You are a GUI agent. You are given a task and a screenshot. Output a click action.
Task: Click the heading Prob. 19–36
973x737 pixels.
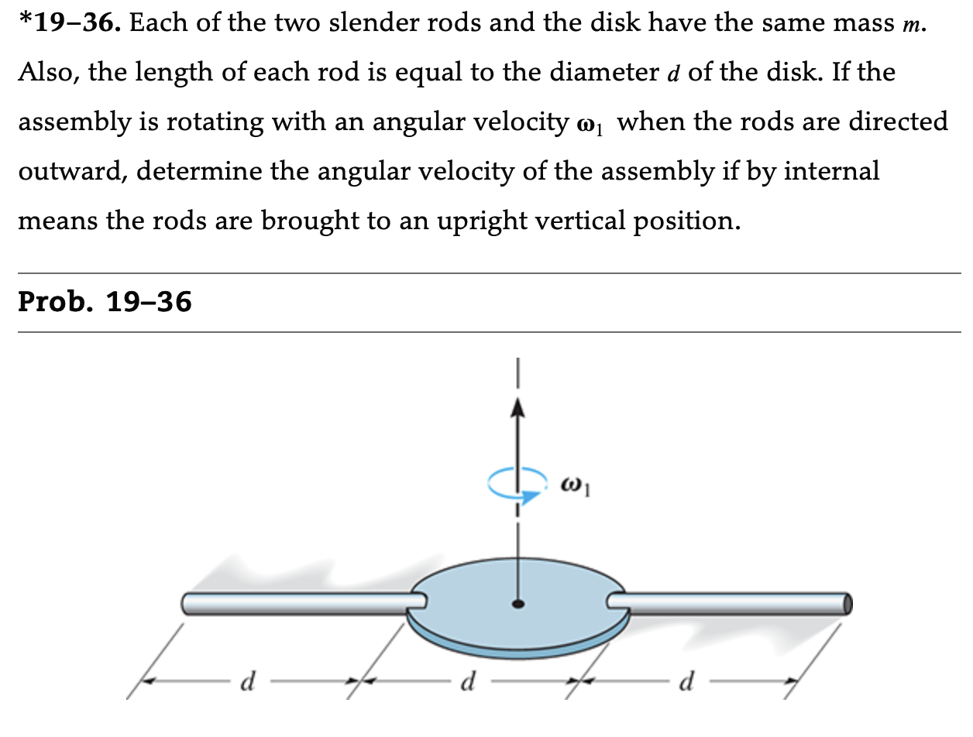[105, 301]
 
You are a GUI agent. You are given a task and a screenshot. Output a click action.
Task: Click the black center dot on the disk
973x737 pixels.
[517, 603]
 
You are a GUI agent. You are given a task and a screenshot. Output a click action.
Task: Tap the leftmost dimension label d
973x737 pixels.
[249, 683]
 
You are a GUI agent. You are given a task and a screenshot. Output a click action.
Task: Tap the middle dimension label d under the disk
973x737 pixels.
[467, 683]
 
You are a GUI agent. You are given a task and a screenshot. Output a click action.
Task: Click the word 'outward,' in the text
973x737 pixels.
[71, 171]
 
